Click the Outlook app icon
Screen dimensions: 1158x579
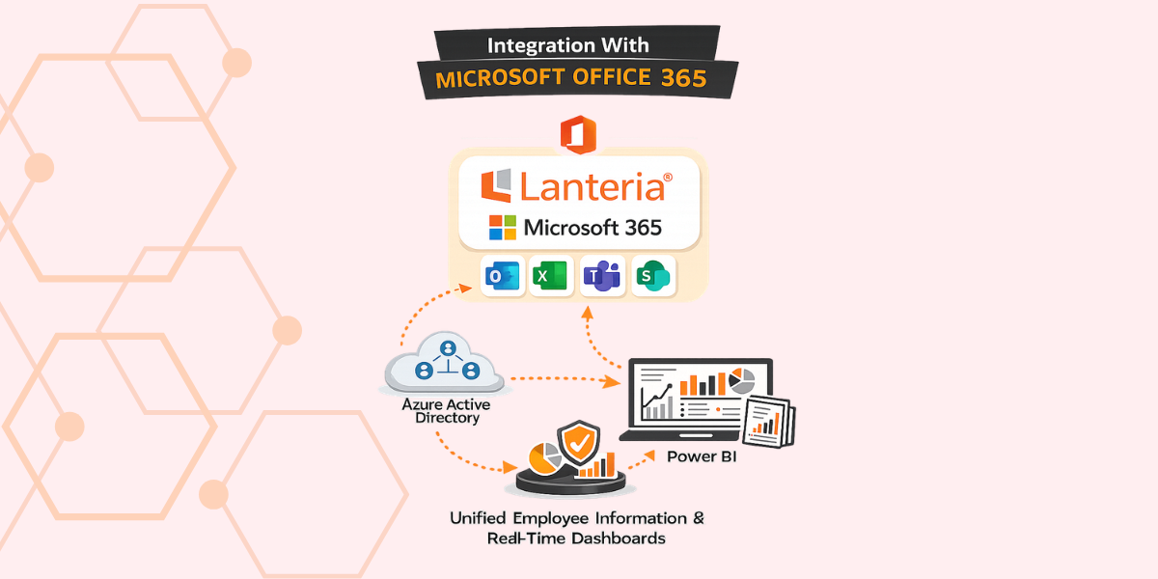tap(502, 277)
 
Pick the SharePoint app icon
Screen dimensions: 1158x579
tap(654, 277)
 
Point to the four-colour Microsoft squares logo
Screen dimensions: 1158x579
tap(503, 228)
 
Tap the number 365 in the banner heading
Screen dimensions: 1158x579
tap(683, 79)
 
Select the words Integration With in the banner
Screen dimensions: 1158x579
tap(567, 45)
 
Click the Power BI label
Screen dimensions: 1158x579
tap(702, 455)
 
